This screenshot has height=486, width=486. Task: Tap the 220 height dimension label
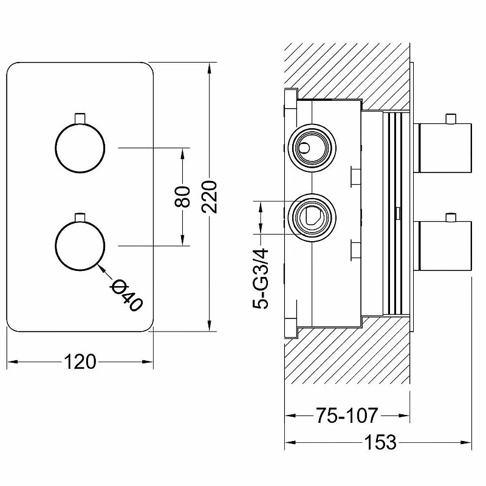(x=210, y=196)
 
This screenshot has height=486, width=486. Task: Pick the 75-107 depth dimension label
(x=346, y=416)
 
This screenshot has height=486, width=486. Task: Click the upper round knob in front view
(x=80, y=148)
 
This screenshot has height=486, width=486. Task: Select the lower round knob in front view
(x=80, y=245)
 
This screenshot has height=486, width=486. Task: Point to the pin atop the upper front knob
(x=80, y=117)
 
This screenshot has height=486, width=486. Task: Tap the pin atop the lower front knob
(x=80, y=216)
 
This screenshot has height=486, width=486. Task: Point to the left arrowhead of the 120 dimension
(x=12, y=363)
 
